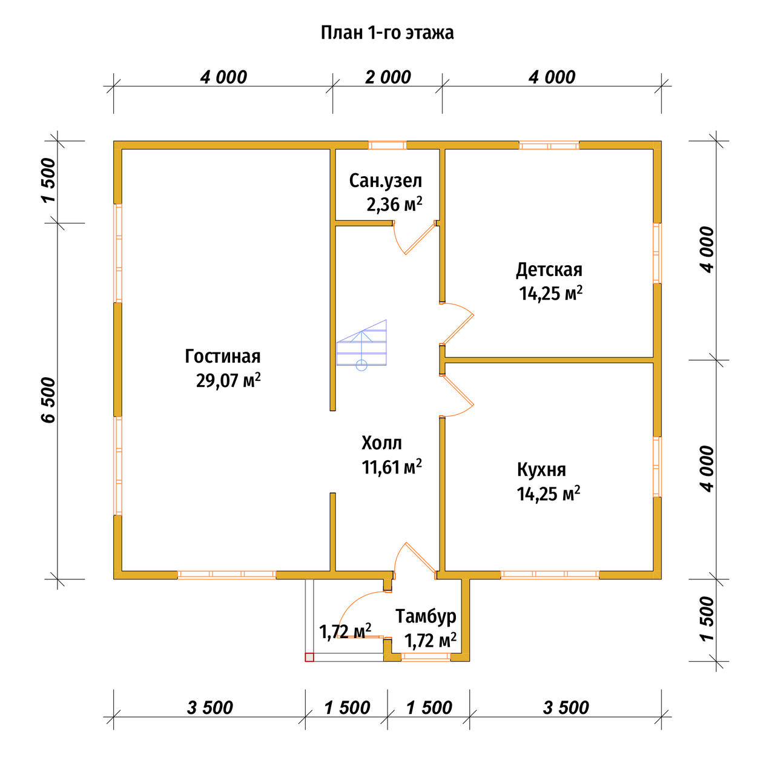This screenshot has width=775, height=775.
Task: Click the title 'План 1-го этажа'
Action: tap(387, 33)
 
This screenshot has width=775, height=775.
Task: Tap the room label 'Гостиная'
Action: tap(222, 357)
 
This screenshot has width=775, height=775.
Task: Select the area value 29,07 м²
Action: tap(228, 380)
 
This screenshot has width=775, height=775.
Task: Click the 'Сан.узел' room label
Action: tap(385, 181)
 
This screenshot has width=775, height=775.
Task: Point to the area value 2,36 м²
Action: tap(394, 204)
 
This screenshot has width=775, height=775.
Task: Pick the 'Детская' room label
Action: tap(549, 270)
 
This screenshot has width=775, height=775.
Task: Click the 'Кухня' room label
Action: tap(541, 470)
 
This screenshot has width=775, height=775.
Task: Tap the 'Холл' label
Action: tap(381, 443)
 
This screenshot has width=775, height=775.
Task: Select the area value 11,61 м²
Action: tap(392, 467)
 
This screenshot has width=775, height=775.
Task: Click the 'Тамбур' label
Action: tap(426, 616)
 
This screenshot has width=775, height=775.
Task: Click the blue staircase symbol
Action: tap(361, 345)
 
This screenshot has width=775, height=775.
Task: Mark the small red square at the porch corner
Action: tap(309, 657)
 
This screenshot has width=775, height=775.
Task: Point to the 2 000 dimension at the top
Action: tap(388, 77)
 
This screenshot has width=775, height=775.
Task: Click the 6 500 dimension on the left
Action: tap(49, 400)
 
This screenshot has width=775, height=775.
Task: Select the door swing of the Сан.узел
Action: tap(415, 237)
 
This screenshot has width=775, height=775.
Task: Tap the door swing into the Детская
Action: tap(457, 324)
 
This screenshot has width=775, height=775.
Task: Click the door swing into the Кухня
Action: tap(457, 396)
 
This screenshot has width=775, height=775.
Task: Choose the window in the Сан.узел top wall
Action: tap(387, 145)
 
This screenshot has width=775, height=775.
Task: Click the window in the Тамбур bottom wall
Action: tap(426, 657)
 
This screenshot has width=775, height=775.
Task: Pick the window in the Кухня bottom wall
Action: tap(550, 575)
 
